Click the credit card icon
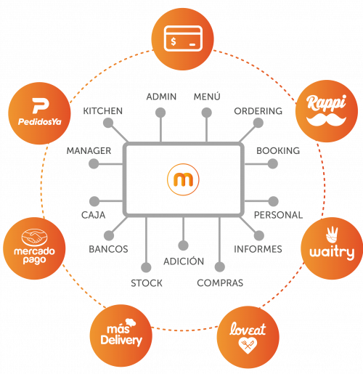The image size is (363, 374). point(183,38)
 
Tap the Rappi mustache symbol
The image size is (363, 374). point(326,121)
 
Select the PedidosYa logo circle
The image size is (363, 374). point(39,113)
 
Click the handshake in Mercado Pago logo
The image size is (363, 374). point(35,237)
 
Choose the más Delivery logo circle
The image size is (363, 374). point(121,336)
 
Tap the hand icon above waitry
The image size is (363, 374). point(332,235)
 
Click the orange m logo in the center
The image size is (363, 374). point(183,179)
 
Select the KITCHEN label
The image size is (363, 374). point(103,111)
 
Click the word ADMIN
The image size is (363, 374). point(161,97)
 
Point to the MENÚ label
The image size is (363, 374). point(207,97)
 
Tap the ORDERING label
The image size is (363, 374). point(258,111)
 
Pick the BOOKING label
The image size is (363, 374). point(278,151)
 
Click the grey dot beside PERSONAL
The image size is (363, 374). point(273,201)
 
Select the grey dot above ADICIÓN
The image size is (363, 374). point(183,245)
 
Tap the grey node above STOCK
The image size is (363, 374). point(146,267)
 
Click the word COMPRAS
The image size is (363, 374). point(220,283)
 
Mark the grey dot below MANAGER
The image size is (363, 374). point(94,164)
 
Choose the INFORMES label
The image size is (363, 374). point(258,249)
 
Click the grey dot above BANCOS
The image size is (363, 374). point(109,235)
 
